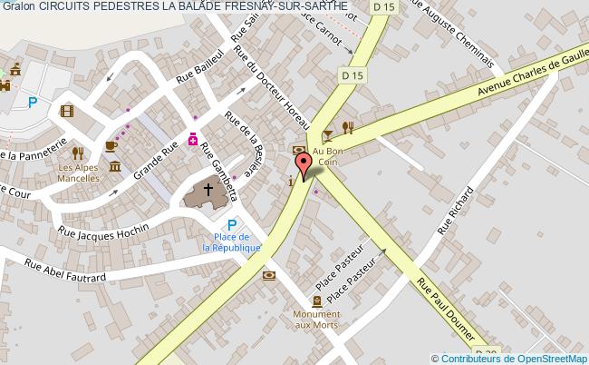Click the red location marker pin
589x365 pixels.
pyautogui.click(x=304, y=166)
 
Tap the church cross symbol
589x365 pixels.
pyautogui.click(x=208, y=191)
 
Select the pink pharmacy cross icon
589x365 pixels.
pyautogui.click(x=192, y=139)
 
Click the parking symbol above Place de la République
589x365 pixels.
pyautogui.click(x=231, y=225)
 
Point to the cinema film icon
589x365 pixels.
pyautogui.click(x=66, y=111)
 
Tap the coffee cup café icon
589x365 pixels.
pyautogui.click(x=111, y=145)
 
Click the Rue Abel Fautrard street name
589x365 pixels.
pyautogui.click(x=65, y=270)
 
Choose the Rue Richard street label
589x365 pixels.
pyautogui.click(x=456, y=210)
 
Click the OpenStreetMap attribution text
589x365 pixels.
pyautogui.click(x=509, y=358)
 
